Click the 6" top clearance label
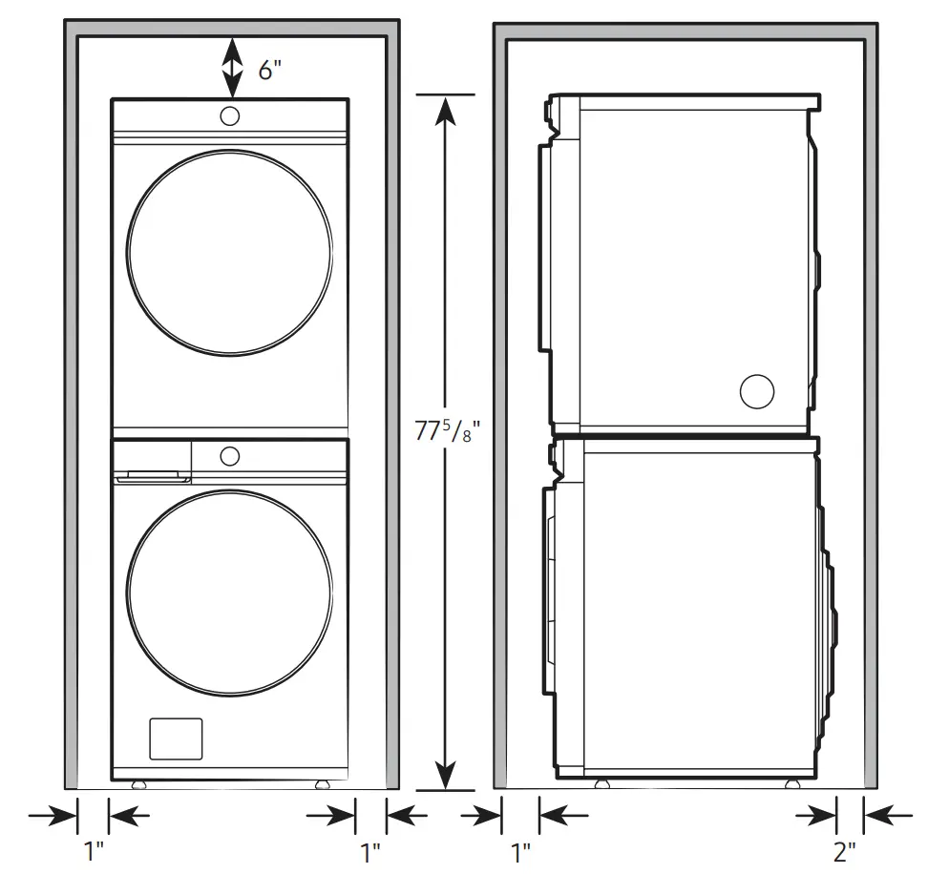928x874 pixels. [268, 71]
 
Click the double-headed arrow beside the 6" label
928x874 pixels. [231, 66]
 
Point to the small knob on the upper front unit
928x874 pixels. [230, 116]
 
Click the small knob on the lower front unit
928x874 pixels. [229, 455]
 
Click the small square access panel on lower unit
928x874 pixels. [176, 738]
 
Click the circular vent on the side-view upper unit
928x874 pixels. [756, 390]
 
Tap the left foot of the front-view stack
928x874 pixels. [140, 784]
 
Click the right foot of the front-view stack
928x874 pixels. [320, 784]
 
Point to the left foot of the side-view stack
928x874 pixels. [601, 783]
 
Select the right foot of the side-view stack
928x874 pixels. [791, 783]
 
